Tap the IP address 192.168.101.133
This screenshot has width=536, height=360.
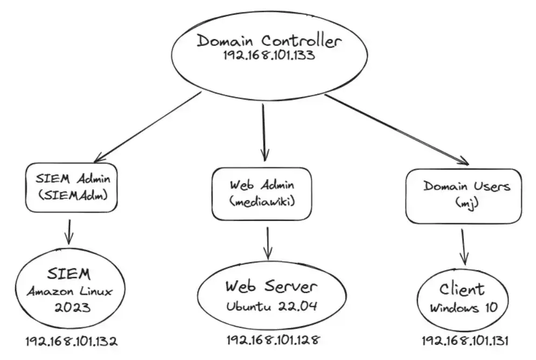click(269, 57)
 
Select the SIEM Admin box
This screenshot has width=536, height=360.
click(71, 187)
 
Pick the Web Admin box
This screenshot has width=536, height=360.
click(262, 193)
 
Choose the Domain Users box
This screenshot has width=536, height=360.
click(463, 196)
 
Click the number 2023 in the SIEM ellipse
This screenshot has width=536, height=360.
click(71, 309)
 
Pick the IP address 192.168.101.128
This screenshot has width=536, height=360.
click(273, 340)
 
